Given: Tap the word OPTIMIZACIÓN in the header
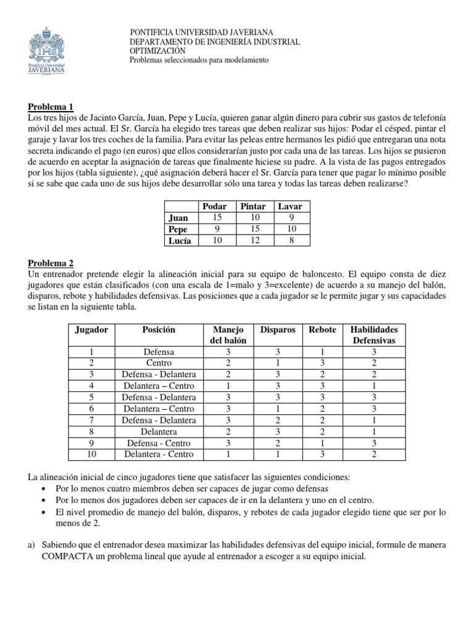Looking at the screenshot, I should click(x=157, y=51).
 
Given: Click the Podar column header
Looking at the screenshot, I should click(x=215, y=206).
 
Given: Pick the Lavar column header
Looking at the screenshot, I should click(x=290, y=206).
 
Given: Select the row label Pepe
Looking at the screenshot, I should click(x=178, y=229).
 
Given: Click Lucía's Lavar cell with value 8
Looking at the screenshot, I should click(x=290, y=240).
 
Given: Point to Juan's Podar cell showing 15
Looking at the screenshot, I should click(x=215, y=217).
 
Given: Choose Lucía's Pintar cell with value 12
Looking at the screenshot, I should click(x=252, y=240).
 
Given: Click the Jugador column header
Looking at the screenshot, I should click(x=91, y=330).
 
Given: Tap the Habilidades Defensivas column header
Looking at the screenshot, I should click(x=374, y=335).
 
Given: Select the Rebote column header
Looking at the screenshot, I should click(x=322, y=330).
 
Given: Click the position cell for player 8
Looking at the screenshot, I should click(x=159, y=431).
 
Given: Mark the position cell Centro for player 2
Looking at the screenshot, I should click(x=159, y=363).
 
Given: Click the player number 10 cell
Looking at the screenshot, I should click(x=91, y=454).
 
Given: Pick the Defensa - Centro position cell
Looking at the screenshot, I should click(x=159, y=443).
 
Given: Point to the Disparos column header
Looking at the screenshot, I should click(x=278, y=330).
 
